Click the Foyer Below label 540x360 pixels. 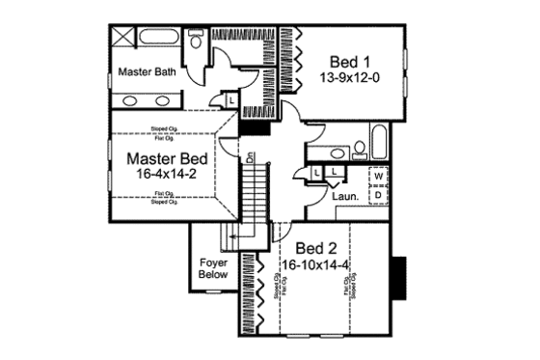(212, 267)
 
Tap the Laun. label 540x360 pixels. (345, 196)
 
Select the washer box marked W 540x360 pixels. (379, 178)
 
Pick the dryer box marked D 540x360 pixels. (379, 194)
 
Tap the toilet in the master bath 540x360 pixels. (196, 43)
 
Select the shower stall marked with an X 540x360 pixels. (123, 40)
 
